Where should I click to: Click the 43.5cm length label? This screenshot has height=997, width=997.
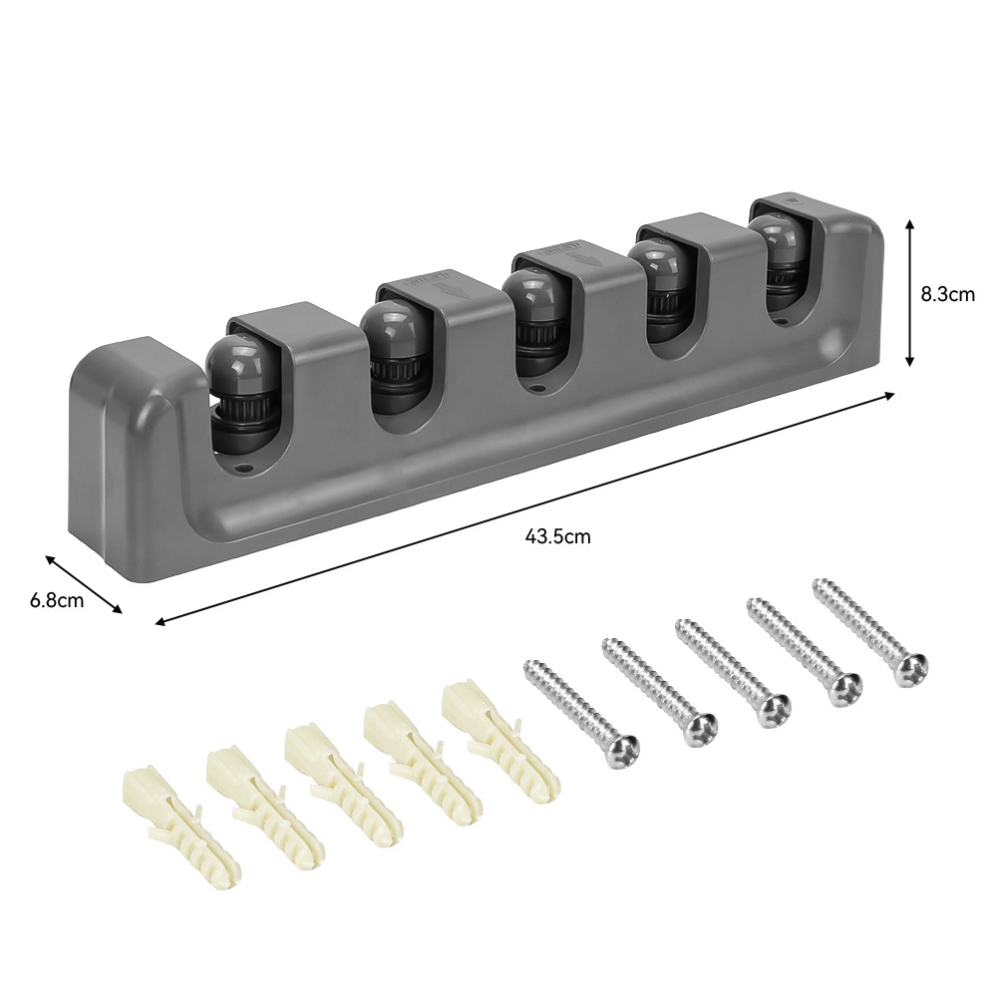[557, 537]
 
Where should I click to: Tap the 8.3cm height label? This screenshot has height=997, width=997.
[947, 294]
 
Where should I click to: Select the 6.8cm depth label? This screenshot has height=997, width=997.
[57, 600]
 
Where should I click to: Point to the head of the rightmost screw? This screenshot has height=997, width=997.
[909, 670]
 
